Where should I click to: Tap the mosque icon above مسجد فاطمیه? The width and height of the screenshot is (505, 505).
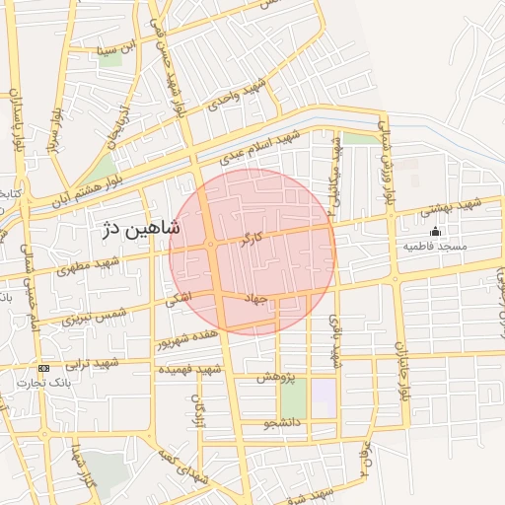click(435, 231)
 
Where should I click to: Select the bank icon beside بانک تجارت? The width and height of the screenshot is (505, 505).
click(43, 368)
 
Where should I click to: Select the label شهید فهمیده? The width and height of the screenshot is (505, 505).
click(186, 369)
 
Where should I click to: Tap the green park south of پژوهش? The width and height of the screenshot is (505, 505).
click(293, 398)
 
